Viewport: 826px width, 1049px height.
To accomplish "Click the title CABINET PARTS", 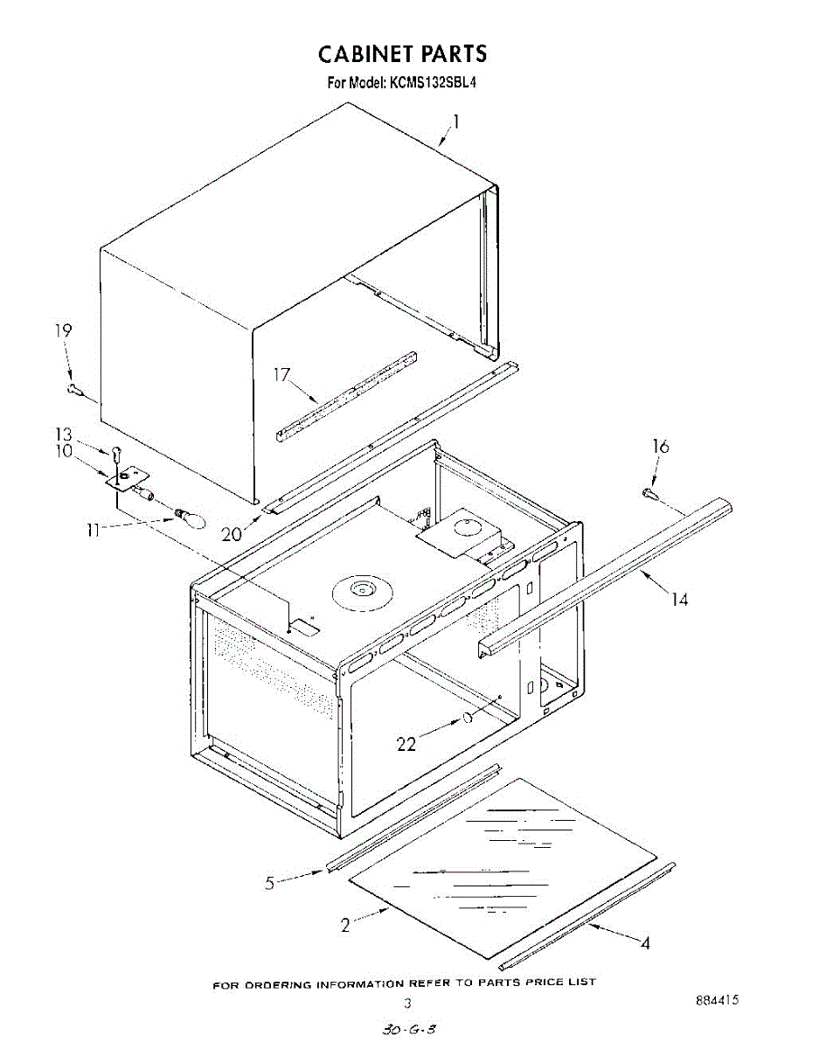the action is pos(402,54).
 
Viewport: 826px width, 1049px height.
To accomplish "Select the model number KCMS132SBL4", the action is pos(432,82).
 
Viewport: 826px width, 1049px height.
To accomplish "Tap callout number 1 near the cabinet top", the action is pos(456,122).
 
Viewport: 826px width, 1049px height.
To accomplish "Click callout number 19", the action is pos(63,330).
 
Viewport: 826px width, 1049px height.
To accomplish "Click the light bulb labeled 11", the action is pos(191,518).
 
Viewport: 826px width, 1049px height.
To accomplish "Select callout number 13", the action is pos(64,434).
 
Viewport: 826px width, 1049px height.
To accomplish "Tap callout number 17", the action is pos(281,375).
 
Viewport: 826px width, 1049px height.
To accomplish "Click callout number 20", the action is pos(232,534).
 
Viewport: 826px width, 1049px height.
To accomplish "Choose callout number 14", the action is pos(680,599).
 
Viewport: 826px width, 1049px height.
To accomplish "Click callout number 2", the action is pos(345,925).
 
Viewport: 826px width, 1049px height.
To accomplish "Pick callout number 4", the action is pos(645,944).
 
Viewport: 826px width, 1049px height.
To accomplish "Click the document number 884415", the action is pos(717,1000).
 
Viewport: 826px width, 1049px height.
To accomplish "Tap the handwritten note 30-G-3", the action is pos(408,1030).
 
